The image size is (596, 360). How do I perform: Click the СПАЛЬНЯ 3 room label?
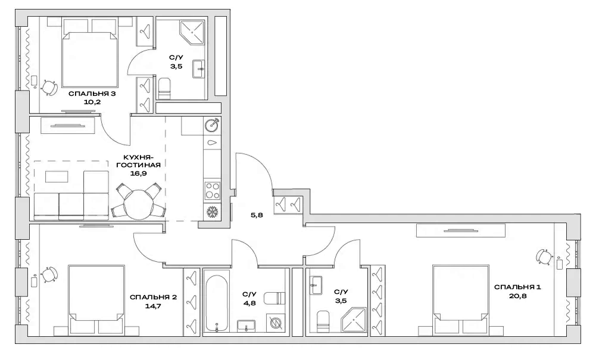[x=92, y=93]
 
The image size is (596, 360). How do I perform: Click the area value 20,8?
[x=517, y=296]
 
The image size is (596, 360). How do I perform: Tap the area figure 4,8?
[x=249, y=301]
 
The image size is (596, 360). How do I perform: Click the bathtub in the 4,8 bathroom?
[x=216, y=303]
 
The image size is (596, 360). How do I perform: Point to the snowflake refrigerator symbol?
[x=212, y=212]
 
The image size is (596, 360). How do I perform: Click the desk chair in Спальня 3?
[x=48, y=87]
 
